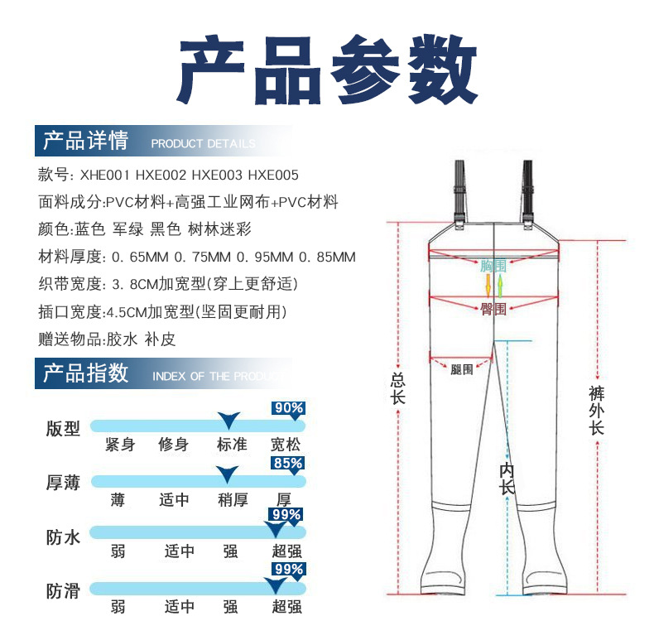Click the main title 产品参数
[x=328, y=68]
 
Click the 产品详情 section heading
[x=85, y=141]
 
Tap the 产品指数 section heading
[x=85, y=373]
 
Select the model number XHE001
[x=104, y=176]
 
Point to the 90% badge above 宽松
[x=288, y=407]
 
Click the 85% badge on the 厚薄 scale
[x=288, y=463]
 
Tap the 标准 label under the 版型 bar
[x=232, y=445]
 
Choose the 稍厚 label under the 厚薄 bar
[x=232, y=500]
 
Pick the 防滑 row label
[x=63, y=591]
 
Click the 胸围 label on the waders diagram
[x=493, y=267]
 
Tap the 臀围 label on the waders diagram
[x=493, y=309]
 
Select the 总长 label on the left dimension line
[x=398, y=389]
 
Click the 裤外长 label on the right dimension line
[x=596, y=410]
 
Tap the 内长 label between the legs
[x=507, y=479]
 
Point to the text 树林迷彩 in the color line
[x=223, y=229]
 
